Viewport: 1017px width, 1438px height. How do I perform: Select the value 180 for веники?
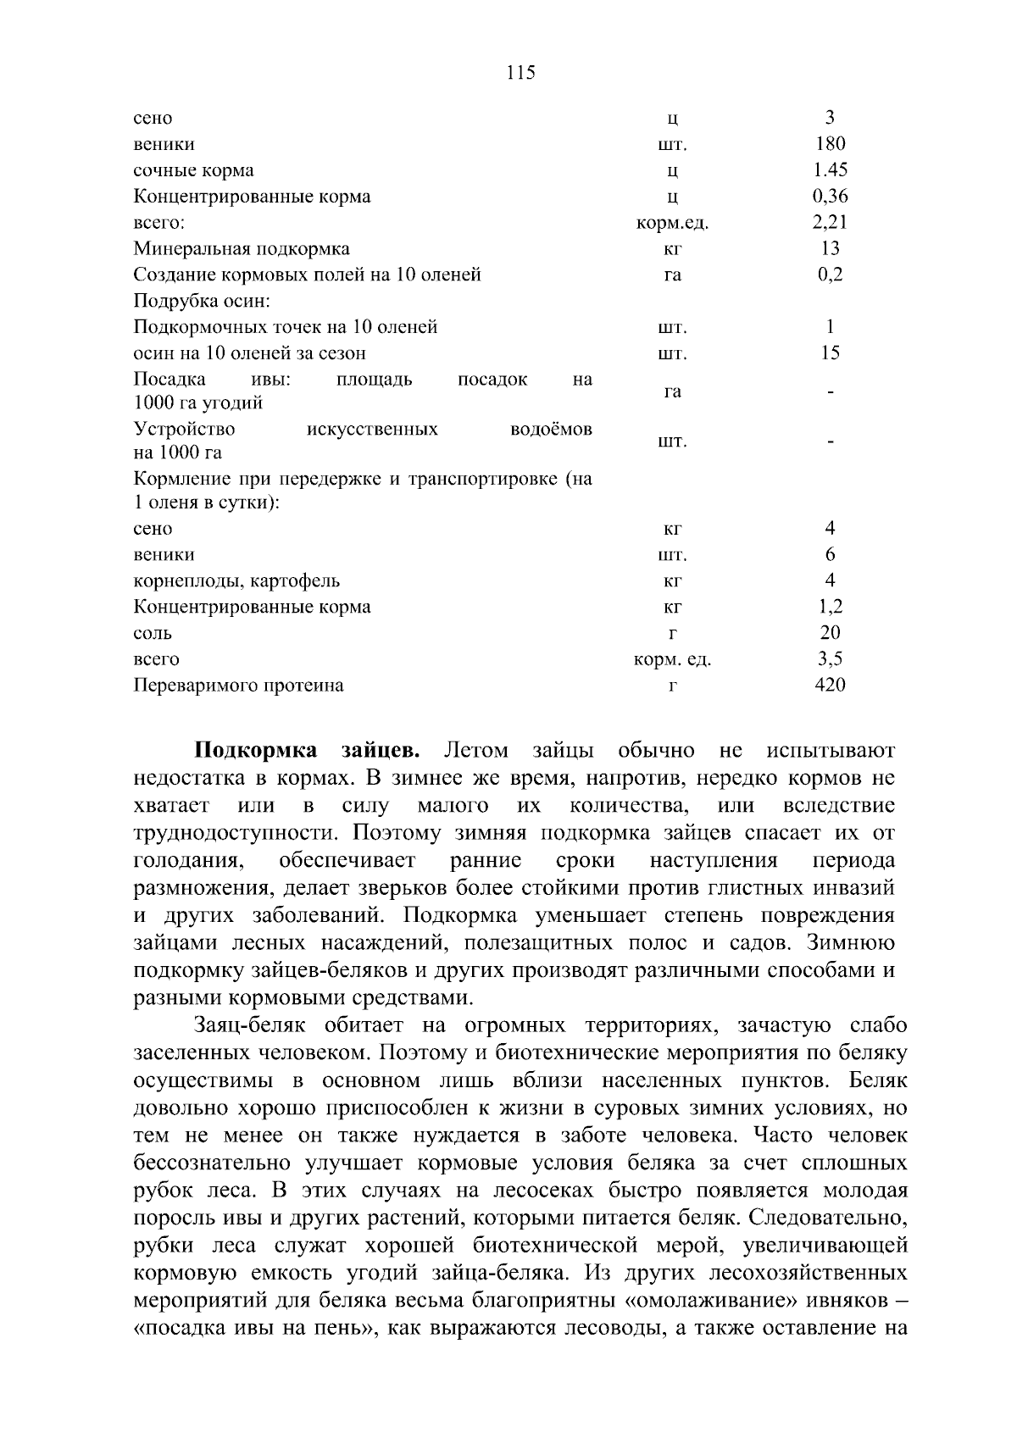tap(830, 144)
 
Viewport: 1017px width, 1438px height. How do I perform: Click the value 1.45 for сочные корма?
tap(830, 170)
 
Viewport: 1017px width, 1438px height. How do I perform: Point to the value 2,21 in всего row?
tap(830, 223)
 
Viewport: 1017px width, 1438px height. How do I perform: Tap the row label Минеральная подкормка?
tap(242, 249)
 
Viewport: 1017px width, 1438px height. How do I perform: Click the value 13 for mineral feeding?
tap(830, 249)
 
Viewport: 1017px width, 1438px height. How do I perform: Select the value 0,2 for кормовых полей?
tap(830, 275)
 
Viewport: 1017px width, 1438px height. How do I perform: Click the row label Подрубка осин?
tap(202, 301)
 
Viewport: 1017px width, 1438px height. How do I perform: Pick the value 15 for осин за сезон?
tap(830, 353)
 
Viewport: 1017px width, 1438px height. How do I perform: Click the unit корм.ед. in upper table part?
tap(672, 224)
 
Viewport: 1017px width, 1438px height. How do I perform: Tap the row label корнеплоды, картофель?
tap(237, 581)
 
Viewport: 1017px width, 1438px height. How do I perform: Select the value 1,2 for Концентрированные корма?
tap(830, 608)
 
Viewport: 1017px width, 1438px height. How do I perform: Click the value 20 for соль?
tap(830, 634)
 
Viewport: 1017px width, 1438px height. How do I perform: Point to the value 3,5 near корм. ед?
tap(830, 660)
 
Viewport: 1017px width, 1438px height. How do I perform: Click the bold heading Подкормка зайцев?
tap(307, 752)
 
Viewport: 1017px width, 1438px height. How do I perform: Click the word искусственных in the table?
tap(372, 430)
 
